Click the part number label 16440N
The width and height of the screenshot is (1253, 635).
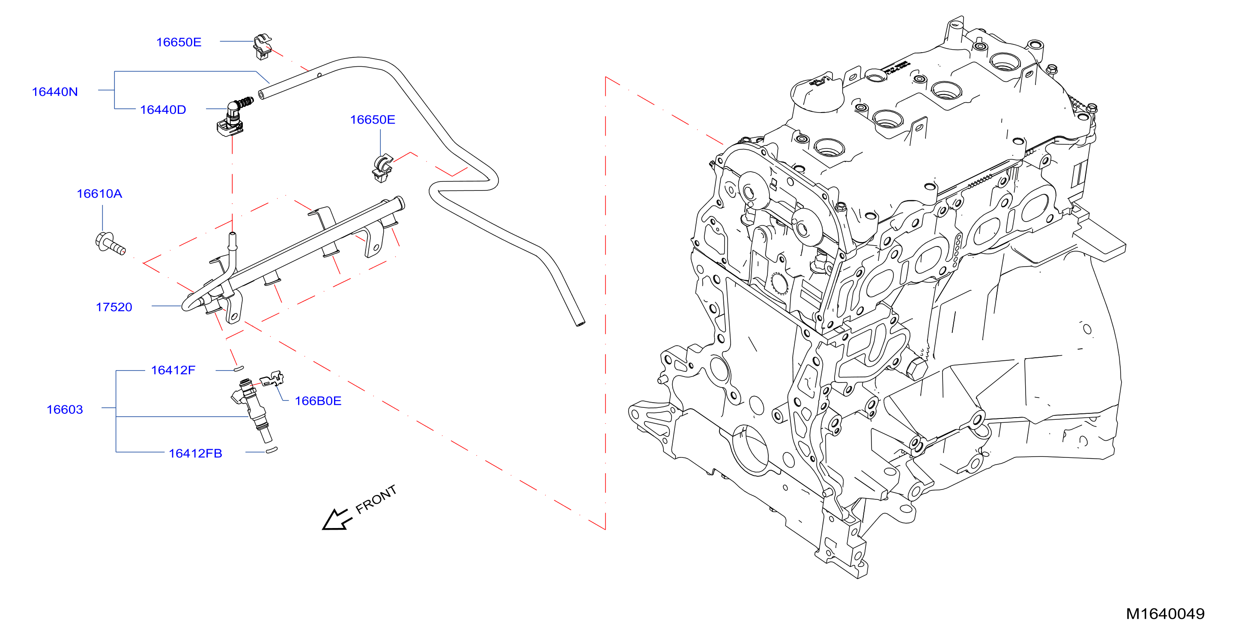[55, 92]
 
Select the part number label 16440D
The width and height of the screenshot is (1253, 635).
[163, 110]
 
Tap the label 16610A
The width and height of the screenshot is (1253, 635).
[99, 194]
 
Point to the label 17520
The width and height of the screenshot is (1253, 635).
[114, 307]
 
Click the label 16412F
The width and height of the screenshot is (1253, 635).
[173, 371]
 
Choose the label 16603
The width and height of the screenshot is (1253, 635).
[65, 410]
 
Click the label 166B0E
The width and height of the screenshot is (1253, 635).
[318, 401]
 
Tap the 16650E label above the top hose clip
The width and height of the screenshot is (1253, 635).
[179, 42]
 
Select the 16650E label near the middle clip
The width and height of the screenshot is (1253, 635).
[373, 120]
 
